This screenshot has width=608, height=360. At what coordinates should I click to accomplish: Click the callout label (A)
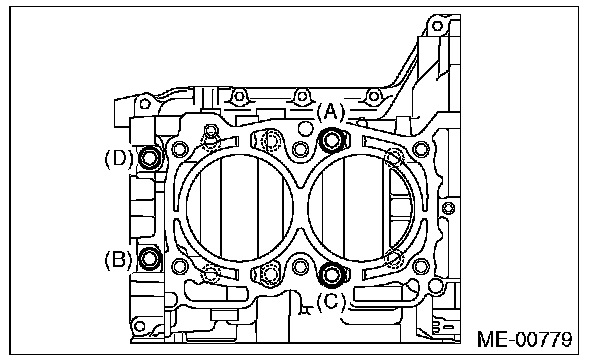point(330,112)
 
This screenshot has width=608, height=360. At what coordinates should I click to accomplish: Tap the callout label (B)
point(119,260)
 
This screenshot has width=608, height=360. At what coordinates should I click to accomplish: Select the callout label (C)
point(331,301)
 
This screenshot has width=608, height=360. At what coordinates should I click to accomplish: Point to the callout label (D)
point(119,158)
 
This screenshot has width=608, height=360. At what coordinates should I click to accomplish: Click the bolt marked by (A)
point(331,140)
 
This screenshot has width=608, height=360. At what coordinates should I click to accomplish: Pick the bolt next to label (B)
point(149,258)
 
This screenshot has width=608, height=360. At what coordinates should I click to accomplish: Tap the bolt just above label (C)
point(331,274)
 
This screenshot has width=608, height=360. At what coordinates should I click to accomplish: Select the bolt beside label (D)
point(149,158)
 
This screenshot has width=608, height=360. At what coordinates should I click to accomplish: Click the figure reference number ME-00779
point(524,339)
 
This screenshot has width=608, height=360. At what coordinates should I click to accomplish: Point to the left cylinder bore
point(240,208)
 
